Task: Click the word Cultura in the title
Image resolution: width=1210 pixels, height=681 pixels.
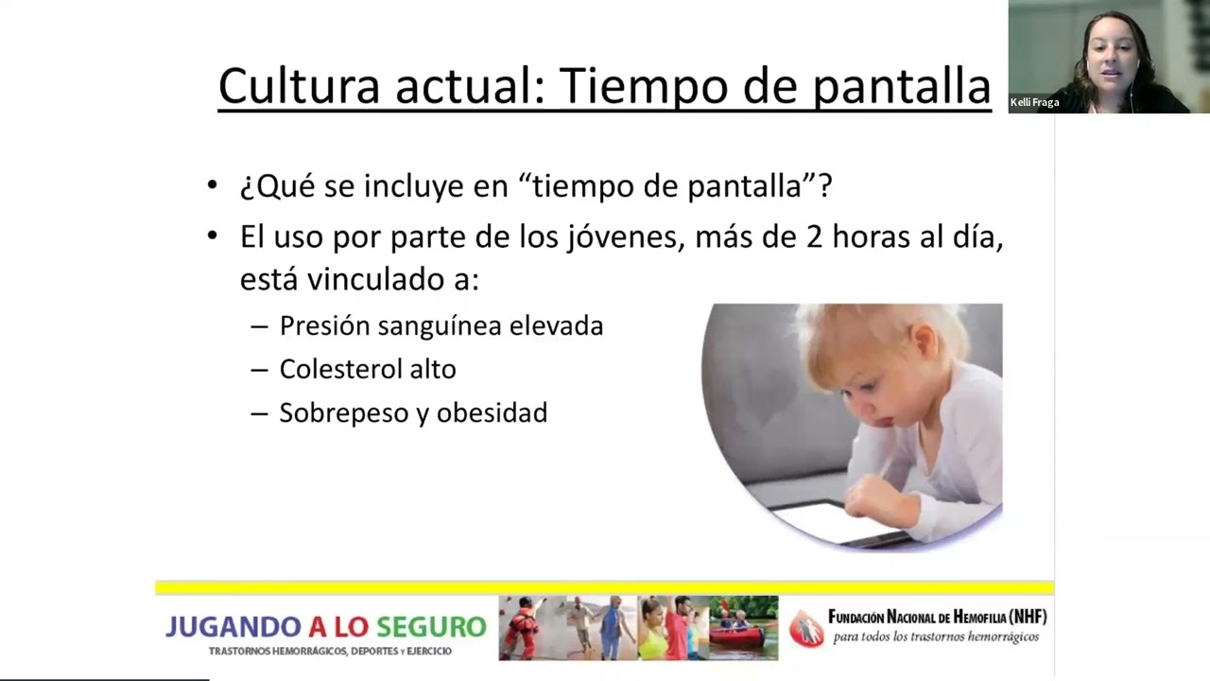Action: pos(300,86)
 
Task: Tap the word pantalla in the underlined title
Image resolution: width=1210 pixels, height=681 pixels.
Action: pos(902,89)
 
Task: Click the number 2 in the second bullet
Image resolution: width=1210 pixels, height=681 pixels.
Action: pos(814,237)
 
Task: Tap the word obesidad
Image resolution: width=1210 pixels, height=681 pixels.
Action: pos(492,413)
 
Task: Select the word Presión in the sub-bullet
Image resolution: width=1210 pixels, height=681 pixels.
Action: pos(324,326)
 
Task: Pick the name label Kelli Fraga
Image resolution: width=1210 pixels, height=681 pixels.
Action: pos(1034,102)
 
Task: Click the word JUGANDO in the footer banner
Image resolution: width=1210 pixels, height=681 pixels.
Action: pos(233,627)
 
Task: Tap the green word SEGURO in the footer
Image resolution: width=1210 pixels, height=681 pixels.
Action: pos(431,627)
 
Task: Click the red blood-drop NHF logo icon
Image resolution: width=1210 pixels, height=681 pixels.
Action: pos(806,629)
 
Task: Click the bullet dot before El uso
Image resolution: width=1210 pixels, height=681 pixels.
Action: pos(213,236)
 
